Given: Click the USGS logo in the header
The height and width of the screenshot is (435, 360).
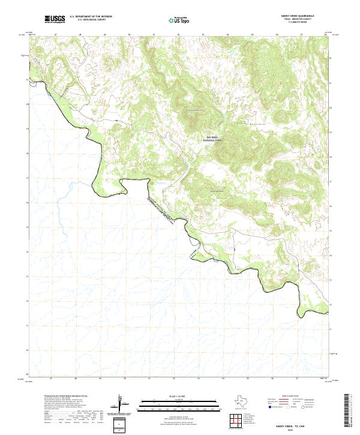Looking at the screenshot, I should [x=55, y=19].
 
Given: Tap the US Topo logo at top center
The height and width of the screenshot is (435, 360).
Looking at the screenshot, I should [x=181, y=20].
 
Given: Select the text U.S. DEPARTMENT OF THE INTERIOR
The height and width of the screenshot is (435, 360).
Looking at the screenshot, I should [x=90, y=16].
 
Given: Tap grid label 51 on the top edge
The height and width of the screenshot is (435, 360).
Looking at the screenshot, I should [x=154, y=35].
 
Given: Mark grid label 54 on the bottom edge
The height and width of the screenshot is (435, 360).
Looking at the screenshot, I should [x=223, y=379].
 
